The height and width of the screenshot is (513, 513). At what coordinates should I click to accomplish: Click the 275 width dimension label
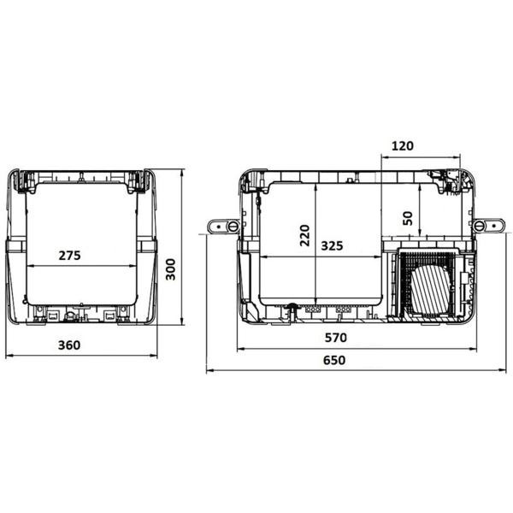tap(76, 255)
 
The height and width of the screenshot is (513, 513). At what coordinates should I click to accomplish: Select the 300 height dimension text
tap(171, 269)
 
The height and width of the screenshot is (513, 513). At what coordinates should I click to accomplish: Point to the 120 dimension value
tap(402, 145)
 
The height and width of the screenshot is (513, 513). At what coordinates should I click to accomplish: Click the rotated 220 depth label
tap(304, 234)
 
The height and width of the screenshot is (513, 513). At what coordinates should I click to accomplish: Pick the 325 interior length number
tap(332, 245)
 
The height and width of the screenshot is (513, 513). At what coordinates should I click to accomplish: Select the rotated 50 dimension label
tap(407, 219)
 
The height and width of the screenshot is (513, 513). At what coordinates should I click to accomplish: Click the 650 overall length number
tap(334, 360)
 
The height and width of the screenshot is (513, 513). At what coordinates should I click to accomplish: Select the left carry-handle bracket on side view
tap(224, 227)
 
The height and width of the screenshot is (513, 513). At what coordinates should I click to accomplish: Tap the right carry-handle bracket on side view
tap(486, 226)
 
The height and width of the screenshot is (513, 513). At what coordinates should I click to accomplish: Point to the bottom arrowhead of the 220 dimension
tap(316, 295)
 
